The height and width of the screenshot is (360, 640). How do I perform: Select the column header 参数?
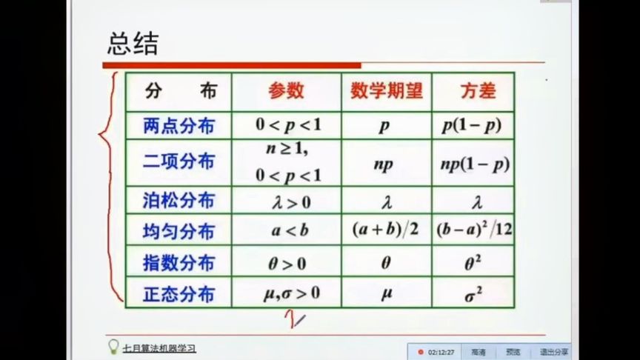286,91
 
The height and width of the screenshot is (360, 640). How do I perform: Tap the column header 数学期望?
386,91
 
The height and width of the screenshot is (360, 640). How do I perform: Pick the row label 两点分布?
179,126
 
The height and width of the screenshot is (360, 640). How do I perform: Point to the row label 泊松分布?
179,200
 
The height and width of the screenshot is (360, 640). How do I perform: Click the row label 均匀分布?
179,231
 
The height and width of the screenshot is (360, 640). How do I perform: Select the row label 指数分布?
179,263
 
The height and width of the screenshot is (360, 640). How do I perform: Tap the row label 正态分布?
179,294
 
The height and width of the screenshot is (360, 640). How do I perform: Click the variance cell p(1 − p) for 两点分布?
472,126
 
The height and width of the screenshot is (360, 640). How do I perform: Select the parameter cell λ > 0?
286,201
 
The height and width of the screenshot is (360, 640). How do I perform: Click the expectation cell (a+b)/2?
385,230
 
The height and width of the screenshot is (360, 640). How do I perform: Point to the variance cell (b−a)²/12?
474,230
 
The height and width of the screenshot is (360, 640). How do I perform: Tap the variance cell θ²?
472,262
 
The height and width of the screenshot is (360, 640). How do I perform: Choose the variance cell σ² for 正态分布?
472,294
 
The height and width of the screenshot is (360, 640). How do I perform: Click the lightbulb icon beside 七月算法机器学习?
113,346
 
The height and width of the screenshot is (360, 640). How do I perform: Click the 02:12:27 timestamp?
440,352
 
